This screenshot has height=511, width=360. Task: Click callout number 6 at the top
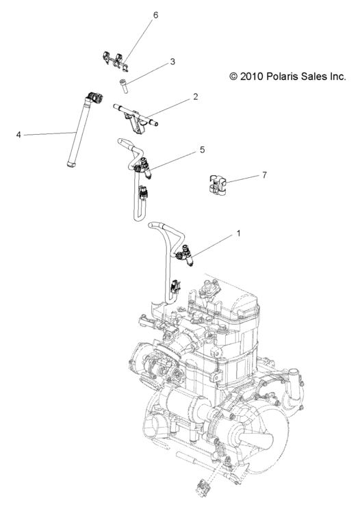tap(155, 15)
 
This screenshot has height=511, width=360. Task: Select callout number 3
tap(172, 62)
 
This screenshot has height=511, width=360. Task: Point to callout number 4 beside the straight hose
tap(18, 135)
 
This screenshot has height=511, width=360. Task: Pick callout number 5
tap(202, 149)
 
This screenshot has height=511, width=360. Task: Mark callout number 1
tap(238, 234)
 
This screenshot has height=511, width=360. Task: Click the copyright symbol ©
tap(234, 77)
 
